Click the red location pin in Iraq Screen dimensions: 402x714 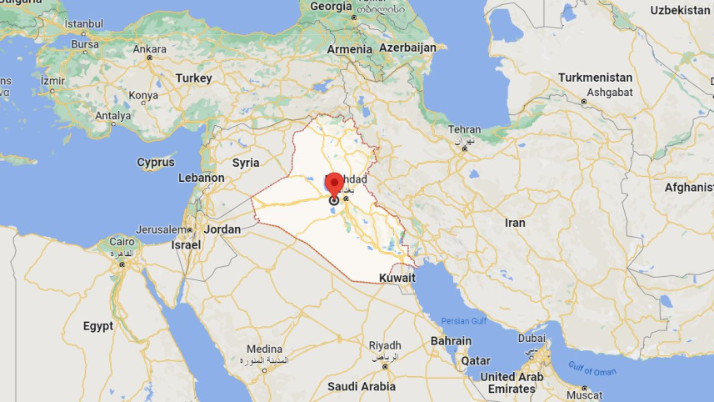tap(334, 184)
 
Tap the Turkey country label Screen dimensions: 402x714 tap(193, 78)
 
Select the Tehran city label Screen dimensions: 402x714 tap(464, 130)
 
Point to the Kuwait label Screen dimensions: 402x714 tap(397, 277)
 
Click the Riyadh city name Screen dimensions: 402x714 tap(385, 345)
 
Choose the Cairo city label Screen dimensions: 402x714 tap(122, 242)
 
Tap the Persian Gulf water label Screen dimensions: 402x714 tap(463, 321)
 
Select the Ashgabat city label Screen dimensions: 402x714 tap(609, 92)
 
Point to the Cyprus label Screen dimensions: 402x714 tap(156, 163)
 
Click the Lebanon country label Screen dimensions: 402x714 tap(202, 178)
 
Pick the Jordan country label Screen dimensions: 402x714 tap(222, 229)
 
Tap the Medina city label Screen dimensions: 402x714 tap(264, 349)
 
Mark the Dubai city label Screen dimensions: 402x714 tap(531, 339)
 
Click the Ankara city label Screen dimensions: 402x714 tap(150, 48)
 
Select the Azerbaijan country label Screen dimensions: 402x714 tap(407, 48)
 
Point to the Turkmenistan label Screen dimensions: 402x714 tap(595, 78)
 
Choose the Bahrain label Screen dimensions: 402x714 tap(451, 341)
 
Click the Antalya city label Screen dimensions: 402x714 tap(112, 116)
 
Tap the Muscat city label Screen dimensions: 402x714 tap(583, 394)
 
